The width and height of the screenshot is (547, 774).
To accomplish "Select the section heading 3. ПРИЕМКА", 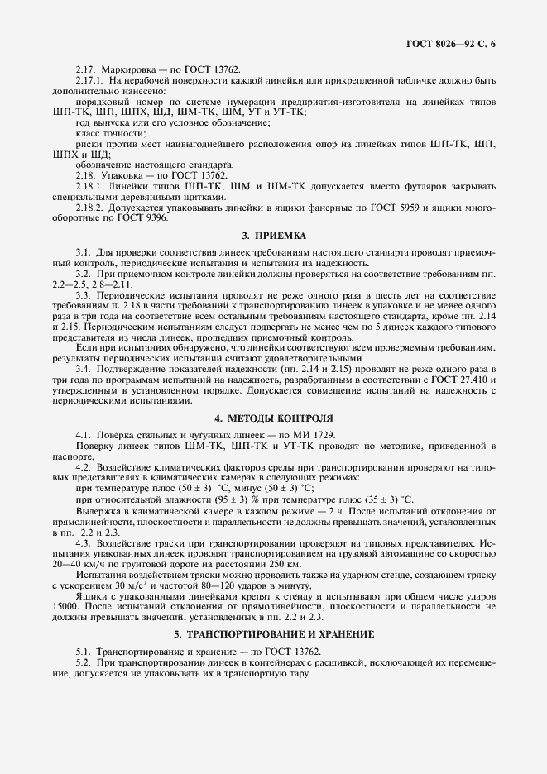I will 273,235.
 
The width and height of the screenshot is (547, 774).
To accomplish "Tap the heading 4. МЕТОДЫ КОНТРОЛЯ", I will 273,418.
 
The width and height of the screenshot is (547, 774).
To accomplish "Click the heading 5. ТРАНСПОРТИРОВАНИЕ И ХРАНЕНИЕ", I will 273,634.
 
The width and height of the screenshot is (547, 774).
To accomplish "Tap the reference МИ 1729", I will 312,435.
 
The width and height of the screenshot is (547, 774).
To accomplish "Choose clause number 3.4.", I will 84,367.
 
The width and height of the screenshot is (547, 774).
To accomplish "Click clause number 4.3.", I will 84,542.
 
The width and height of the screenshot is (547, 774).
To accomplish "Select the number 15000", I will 65,606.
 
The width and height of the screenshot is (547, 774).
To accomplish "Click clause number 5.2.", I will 84,663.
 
